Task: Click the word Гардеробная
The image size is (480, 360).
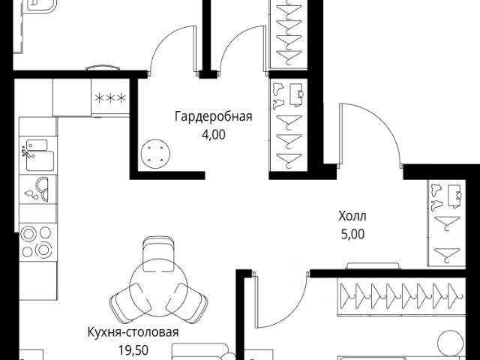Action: pyautogui.click(x=213, y=117)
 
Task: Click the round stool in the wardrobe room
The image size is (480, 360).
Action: pyautogui.click(x=157, y=155)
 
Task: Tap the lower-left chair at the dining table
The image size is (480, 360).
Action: pyautogui.click(x=124, y=303)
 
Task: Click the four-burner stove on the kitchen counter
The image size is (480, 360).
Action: pyautogui.click(x=37, y=241)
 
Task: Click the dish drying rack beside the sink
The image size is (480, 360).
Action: pyautogui.click(x=36, y=190)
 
